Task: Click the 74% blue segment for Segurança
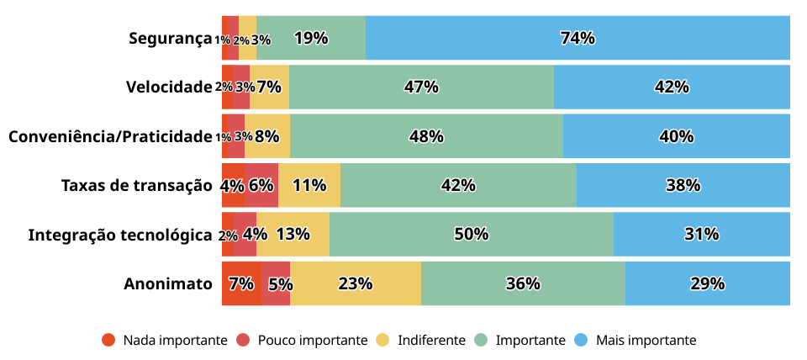(x=578, y=38)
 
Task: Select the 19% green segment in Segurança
(x=311, y=38)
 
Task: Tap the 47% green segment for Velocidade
(x=421, y=87)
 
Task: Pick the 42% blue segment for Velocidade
(x=672, y=87)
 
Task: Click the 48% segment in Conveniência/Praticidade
(x=426, y=136)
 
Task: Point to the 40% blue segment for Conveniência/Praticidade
(x=676, y=136)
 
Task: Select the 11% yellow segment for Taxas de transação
(x=309, y=185)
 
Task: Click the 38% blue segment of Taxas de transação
(x=683, y=185)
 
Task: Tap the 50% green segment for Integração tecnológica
(x=471, y=234)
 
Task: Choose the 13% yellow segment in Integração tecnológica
(x=293, y=234)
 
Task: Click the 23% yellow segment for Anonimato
(x=356, y=283)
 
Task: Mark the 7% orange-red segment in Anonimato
(x=241, y=283)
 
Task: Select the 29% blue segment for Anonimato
(x=707, y=283)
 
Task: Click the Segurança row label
(x=170, y=38)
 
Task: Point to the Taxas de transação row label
(x=136, y=185)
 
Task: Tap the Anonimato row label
(x=167, y=283)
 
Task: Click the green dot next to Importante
(x=481, y=340)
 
